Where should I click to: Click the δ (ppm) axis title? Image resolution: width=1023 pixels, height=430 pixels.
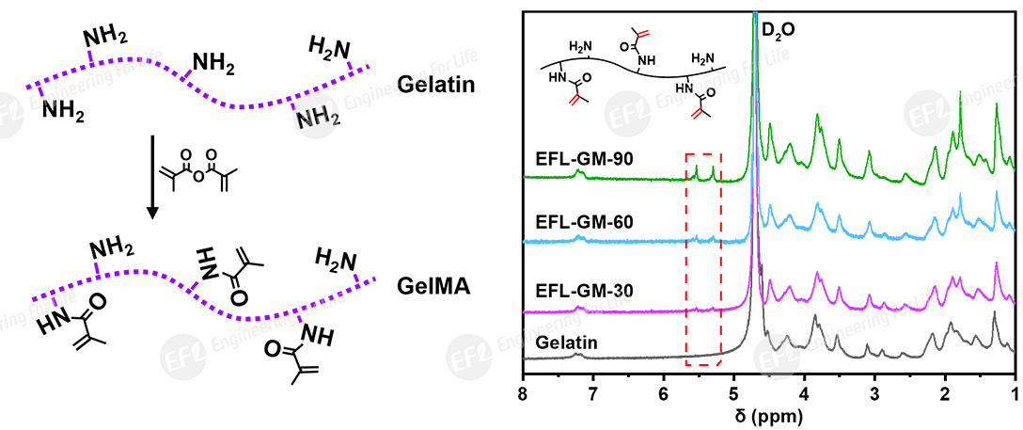768,414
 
